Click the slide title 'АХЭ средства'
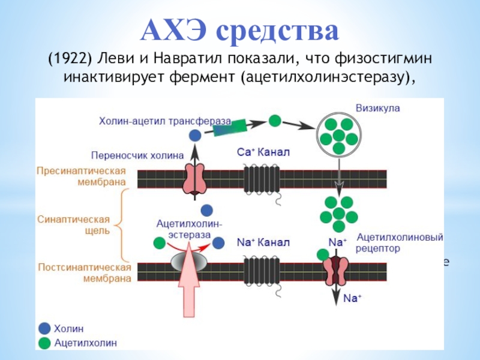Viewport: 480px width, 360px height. click(239, 29)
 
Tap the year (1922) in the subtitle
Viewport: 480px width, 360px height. click(70, 59)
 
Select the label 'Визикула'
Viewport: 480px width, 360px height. click(378, 109)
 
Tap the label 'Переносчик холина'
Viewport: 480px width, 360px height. click(137, 155)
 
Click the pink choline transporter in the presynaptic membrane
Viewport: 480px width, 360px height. click(194, 178)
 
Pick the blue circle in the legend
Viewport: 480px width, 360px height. click(44, 328)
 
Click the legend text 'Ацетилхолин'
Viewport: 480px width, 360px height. click(86, 343)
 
